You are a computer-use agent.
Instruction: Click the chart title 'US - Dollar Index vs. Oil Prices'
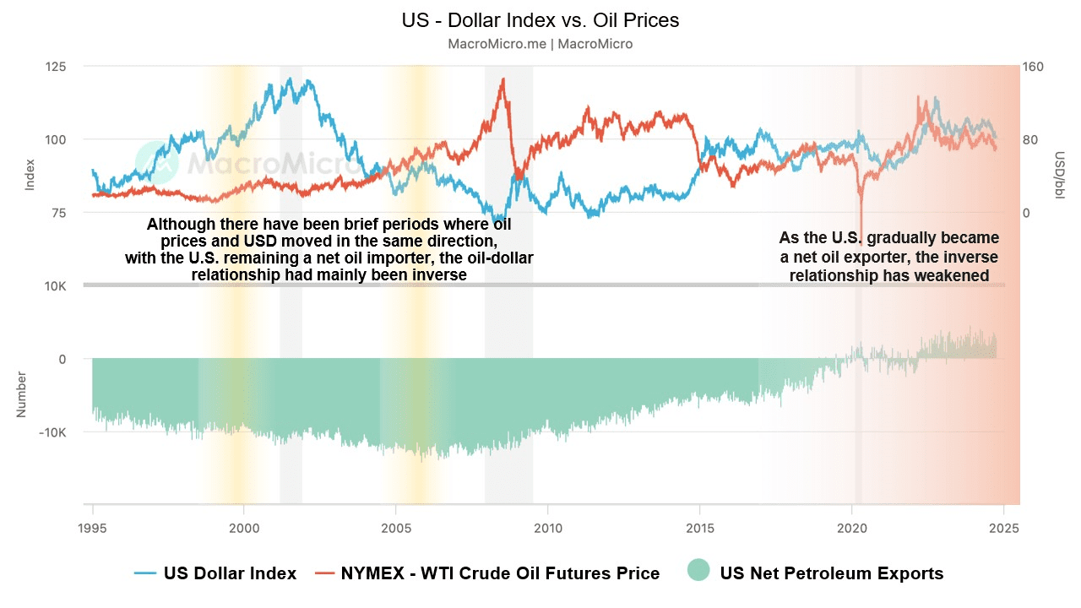[540, 19]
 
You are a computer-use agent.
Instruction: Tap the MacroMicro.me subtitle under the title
[540, 43]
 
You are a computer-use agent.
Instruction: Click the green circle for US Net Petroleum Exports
[698, 572]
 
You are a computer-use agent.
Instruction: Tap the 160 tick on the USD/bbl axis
[1033, 66]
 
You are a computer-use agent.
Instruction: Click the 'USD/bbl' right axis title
[1058, 176]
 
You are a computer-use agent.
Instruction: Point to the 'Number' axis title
[22, 394]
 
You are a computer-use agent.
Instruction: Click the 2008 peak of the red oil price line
[503, 79]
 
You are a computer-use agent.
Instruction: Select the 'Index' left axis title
[30, 174]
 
